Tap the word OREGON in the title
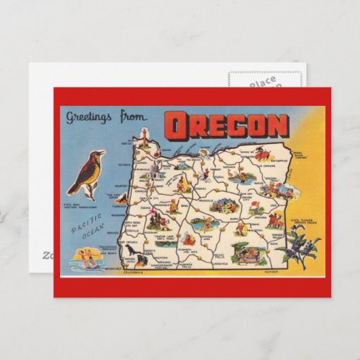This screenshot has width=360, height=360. coord(226,126)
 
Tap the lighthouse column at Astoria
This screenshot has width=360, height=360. coord(144,136)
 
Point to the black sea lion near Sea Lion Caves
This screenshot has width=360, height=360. coord(132,249)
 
